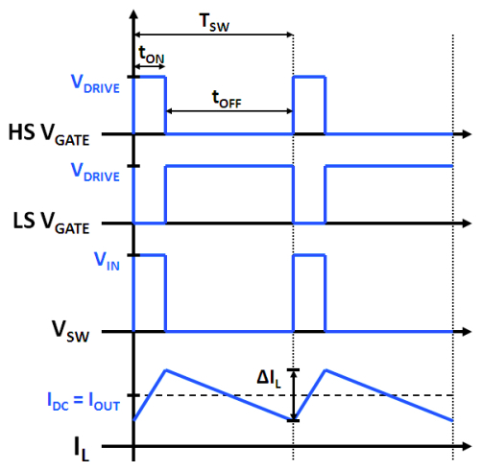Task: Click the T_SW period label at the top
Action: click(x=214, y=22)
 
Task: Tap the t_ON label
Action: click(x=152, y=55)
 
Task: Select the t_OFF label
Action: click(x=227, y=99)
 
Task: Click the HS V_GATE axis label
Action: click(x=49, y=134)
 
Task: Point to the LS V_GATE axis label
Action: click(x=51, y=224)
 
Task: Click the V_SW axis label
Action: click(x=70, y=331)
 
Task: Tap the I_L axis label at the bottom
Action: click(x=82, y=449)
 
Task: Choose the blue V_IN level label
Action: click(x=107, y=261)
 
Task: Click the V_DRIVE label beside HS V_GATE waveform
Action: click(x=95, y=83)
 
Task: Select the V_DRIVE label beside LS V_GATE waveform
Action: click(x=95, y=173)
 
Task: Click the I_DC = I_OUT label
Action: click(x=84, y=401)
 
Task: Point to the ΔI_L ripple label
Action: click(x=269, y=379)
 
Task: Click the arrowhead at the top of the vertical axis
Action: click(x=133, y=14)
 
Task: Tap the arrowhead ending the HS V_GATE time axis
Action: click(x=468, y=134)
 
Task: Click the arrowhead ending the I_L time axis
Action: click(x=468, y=446)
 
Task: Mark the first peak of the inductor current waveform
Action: click(x=166, y=370)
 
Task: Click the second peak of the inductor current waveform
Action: click(x=325, y=370)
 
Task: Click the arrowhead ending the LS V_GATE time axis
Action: click(x=468, y=223)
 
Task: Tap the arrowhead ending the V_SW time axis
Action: click(x=468, y=332)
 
